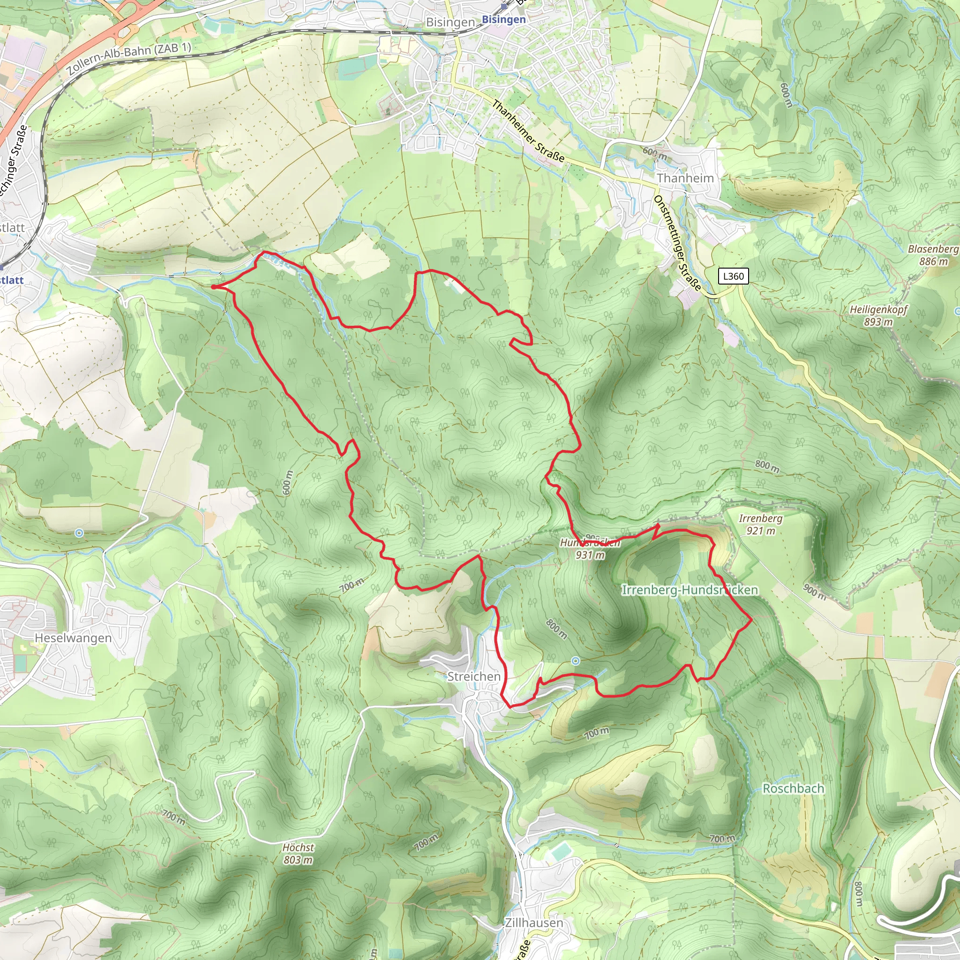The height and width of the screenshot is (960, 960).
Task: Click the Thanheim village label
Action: (685, 178)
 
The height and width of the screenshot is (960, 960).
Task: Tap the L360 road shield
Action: (734, 276)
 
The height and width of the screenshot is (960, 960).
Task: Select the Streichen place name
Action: (473, 676)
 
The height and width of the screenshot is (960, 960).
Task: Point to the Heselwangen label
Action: (73, 637)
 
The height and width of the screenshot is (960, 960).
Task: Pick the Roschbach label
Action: (793, 788)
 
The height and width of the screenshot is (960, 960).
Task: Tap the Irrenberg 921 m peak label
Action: (760, 524)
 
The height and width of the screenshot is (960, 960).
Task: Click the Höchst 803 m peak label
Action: (298, 853)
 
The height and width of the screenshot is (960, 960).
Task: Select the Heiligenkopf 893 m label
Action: (878, 315)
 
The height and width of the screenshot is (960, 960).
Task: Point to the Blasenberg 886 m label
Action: (933, 255)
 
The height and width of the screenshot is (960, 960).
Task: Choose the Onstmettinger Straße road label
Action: (677, 243)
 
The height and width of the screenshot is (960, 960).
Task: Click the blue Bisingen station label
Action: (504, 19)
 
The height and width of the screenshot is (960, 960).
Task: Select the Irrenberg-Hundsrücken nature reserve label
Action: (690, 590)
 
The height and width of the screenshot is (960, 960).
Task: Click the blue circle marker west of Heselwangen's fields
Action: (79, 533)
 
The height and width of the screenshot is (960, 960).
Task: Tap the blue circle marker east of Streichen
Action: (576, 660)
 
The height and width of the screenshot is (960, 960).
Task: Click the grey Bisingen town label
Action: (450, 22)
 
